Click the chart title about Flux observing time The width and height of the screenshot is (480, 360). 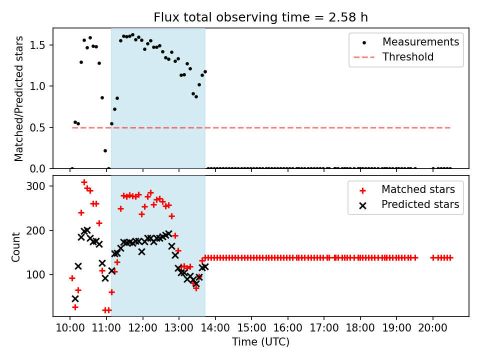(x=260, y=17)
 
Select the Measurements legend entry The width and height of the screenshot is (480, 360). (x=420, y=42)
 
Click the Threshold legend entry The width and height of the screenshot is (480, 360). (x=408, y=57)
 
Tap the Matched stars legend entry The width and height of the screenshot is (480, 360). (x=418, y=189)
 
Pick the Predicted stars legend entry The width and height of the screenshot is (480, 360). (x=420, y=204)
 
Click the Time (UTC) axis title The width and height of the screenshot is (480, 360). (x=260, y=342)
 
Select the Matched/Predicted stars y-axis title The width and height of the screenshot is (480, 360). (x=19, y=98)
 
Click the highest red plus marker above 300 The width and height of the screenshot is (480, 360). (x=84, y=182)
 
